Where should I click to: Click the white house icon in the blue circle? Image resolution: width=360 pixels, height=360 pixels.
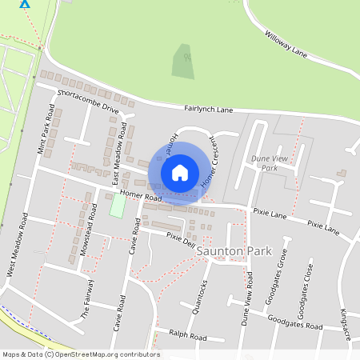(x=180, y=172)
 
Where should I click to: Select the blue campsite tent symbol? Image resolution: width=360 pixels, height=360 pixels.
(x=25, y=3)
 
